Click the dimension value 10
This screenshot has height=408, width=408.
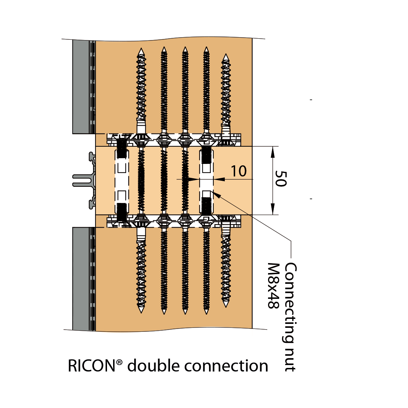(238, 171)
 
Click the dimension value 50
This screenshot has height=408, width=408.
(281, 178)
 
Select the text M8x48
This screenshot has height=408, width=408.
(273, 286)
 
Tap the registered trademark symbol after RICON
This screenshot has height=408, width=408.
(119, 362)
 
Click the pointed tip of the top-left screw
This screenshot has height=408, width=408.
(141, 50)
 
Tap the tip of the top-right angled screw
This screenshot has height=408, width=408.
(225, 56)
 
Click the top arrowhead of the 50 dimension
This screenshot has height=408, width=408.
(273, 151)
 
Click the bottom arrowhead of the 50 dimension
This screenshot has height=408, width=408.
(273, 210)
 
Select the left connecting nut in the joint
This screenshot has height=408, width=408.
(122, 180)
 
